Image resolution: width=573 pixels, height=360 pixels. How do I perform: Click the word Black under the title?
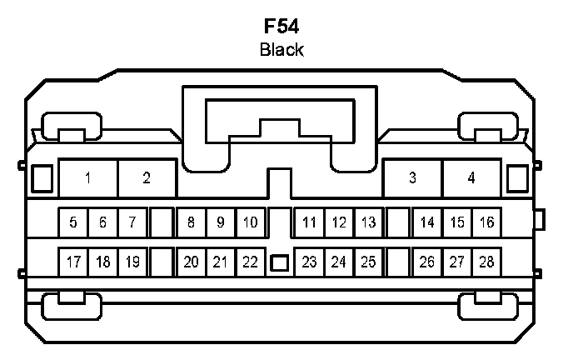pos(282,50)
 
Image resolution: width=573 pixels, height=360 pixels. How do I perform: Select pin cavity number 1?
pos(88,177)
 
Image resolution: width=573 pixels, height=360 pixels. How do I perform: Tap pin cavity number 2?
pos(147,177)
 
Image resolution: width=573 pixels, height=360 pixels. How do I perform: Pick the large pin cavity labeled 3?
pos(412,177)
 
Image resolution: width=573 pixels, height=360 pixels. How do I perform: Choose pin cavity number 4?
pos(471,177)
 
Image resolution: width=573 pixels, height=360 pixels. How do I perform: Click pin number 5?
pos(73,222)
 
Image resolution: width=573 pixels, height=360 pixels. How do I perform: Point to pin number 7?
pos(132,222)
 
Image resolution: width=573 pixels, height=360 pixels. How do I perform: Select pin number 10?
pos(250,222)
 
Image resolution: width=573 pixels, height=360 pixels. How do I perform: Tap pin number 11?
pos(309,222)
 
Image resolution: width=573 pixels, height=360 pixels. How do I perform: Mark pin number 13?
pos(368,222)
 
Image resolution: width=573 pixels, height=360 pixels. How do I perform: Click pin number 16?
pos(486,222)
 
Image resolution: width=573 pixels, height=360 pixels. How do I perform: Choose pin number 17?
pos(73,262)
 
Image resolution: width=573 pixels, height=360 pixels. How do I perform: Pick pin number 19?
pos(132,262)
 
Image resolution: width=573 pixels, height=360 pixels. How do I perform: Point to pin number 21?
pos(220,262)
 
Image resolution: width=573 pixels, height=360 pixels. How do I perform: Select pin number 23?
pos(309,262)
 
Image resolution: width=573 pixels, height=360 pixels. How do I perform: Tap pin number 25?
pos(368,262)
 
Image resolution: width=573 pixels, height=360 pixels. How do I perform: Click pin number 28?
pos(486,262)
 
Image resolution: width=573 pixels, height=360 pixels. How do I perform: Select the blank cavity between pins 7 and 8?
pos(161,222)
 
